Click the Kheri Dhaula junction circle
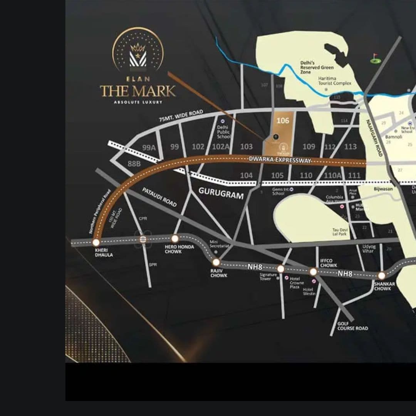(x=96, y=242)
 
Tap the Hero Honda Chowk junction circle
(x=175, y=238)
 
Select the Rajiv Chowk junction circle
(x=216, y=262)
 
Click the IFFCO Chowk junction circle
(x=313, y=272)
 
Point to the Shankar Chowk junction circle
(x=381, y=276)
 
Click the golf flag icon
(x=375, y=58)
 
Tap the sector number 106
(x=283, y=121)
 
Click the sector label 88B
(x=134, y=163)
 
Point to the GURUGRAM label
(x=221, y=193)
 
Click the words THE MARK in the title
(x=138, y=91)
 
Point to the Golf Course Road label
(x=352, y=326)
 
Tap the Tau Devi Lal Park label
(x=340, y=232)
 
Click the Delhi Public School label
(x=223, y=132)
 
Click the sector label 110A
(x=332, y=176)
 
